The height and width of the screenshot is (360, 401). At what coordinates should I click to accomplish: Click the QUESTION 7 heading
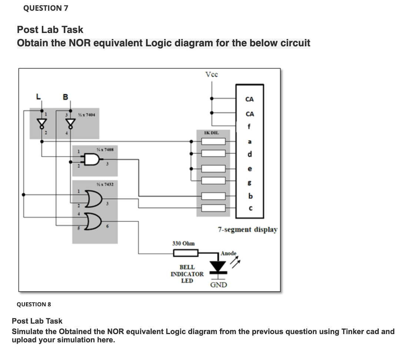45,8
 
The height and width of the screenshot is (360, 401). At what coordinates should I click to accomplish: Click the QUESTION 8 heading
34,304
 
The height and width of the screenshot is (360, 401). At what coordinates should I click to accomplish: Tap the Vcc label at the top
212,74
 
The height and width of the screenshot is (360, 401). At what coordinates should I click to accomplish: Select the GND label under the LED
219,284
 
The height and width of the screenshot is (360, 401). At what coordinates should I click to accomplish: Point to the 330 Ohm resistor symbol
186,253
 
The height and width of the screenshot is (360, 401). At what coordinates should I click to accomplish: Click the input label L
37,97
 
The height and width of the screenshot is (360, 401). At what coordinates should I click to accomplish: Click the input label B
65,97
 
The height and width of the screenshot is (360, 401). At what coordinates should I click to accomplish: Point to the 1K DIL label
212,132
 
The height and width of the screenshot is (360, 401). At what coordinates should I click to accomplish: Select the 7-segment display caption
248,230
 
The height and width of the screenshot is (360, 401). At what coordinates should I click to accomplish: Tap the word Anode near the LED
228,253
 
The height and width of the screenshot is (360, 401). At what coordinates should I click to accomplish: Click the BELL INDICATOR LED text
187,274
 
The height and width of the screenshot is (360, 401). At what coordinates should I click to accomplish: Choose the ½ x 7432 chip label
105,184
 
